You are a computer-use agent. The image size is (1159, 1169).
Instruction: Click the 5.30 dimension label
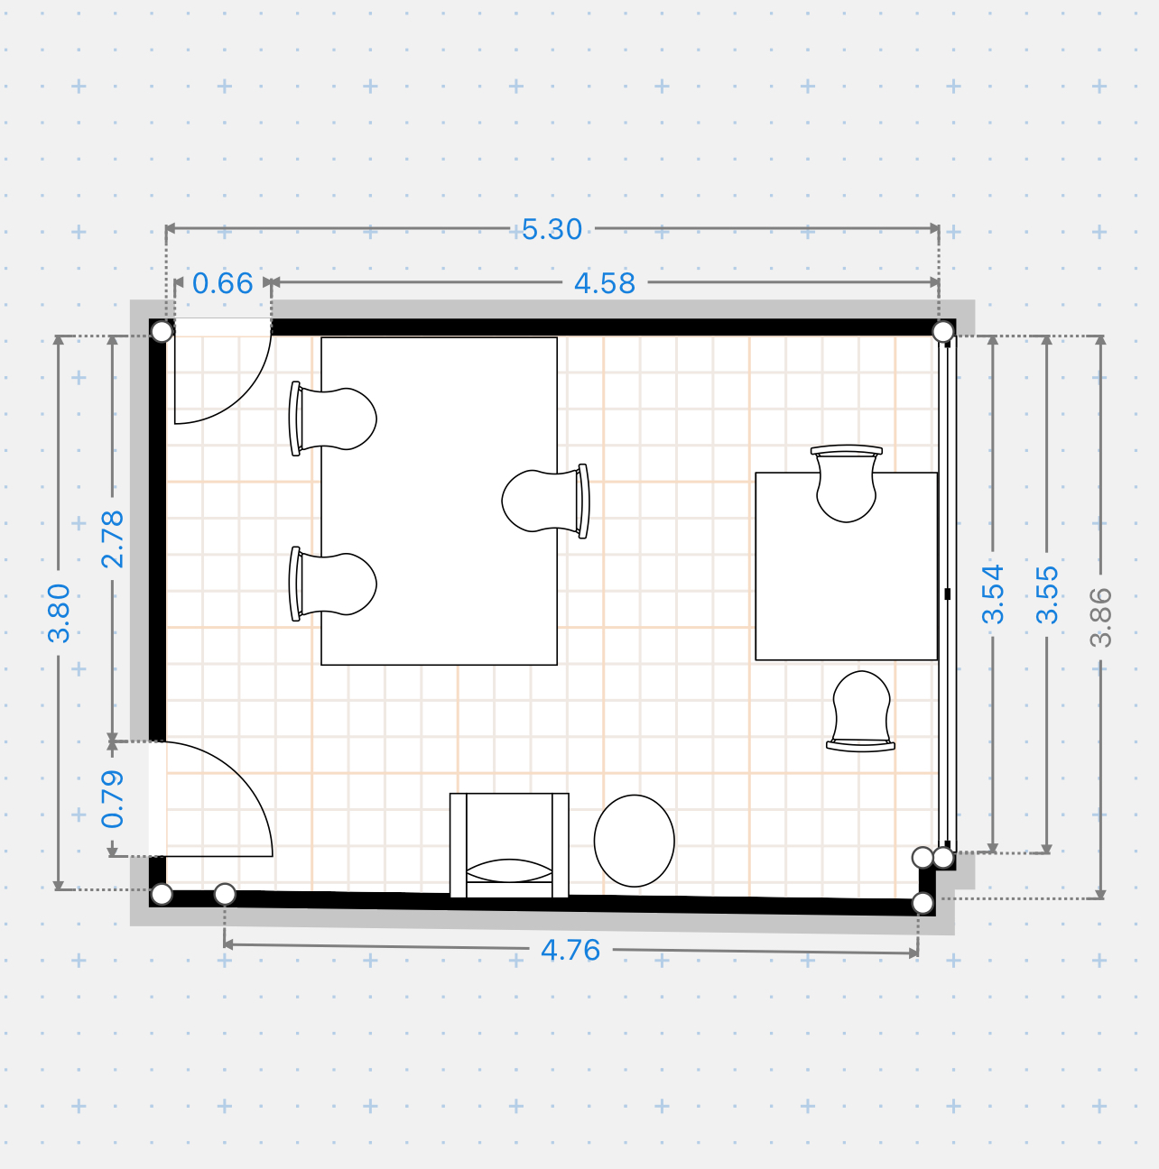[x=552, y=229]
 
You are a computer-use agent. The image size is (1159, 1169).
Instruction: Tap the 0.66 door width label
[x=222, y=283]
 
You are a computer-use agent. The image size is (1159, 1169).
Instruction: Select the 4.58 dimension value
[x=605, y=283]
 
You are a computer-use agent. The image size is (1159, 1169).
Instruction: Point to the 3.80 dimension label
[x=60, y=612]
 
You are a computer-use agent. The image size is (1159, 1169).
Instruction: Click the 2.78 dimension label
[x=113, y=539]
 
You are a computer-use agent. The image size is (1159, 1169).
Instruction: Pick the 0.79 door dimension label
[x=113, y=799]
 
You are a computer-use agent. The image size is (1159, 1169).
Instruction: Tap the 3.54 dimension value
[x=993, y=594]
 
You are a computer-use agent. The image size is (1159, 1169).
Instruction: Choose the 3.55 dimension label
[x=1047, y=594]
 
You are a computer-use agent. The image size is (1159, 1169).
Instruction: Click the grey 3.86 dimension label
[x=1100, y=618]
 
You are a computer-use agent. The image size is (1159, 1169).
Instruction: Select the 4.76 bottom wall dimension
[x=570, y=950]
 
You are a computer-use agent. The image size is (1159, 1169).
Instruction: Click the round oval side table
[x=635, y=841]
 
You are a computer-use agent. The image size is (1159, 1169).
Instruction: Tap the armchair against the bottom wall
[x=509, y=845]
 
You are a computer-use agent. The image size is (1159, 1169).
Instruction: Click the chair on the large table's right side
[x=545, y=502]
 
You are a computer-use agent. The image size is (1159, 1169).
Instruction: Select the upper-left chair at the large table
[x=333, y=419]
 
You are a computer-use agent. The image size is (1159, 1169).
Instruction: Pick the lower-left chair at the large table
[x=333, y=584]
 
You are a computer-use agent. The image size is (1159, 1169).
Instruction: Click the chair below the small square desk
[x=861, y=711]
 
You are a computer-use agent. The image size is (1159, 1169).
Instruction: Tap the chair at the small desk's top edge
[x=847, y=483]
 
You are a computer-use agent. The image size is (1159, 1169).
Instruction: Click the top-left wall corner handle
[x=162, y=332]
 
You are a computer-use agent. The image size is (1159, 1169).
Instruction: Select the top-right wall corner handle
[x=943, y=332]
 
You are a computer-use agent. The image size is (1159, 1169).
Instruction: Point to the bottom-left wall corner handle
[x=162, y=894]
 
